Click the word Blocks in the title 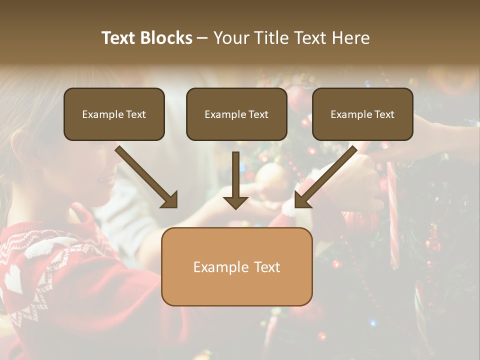pyautogui.click(x=167, y=38)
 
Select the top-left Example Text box pyautogui.click(x=114, y=114)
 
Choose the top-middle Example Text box pyautogui.click(x=236, y=114)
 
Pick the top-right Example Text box pyautogui.click(x=362, y=114)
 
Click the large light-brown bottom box pyautogui.click(x=236, y=266)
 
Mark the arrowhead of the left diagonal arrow pyautogui.click(x=170, y=200)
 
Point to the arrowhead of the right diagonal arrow pyautogui.click(x=302, y=200)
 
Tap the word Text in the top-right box pyautogui.click(x=384, y=114)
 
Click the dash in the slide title pyautogui.click(x=202, y=38)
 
